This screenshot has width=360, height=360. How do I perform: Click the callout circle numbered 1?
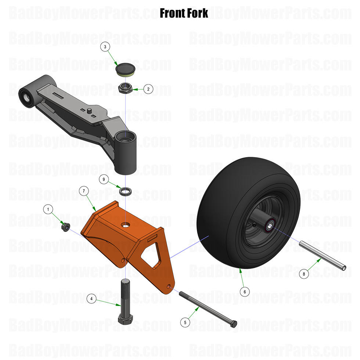click(48, 209)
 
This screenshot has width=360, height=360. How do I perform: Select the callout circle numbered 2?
click(148, 89)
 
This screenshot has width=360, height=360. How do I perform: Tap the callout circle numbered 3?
click(105, 47)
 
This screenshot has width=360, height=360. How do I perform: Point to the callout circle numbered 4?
click(91, 299)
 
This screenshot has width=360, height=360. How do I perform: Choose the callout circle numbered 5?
click(186, 322)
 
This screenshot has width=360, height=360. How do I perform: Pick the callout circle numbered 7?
click(84, 191)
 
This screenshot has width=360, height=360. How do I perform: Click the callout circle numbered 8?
click(304, 273)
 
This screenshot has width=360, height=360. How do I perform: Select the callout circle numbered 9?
click(104, 179)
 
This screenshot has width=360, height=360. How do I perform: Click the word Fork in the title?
click(196, 14)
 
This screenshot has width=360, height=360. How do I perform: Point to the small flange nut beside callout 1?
click(66, 227)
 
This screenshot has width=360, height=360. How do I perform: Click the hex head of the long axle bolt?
click(233, 324)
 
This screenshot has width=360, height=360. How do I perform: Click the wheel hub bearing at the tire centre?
click(270, 224)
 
